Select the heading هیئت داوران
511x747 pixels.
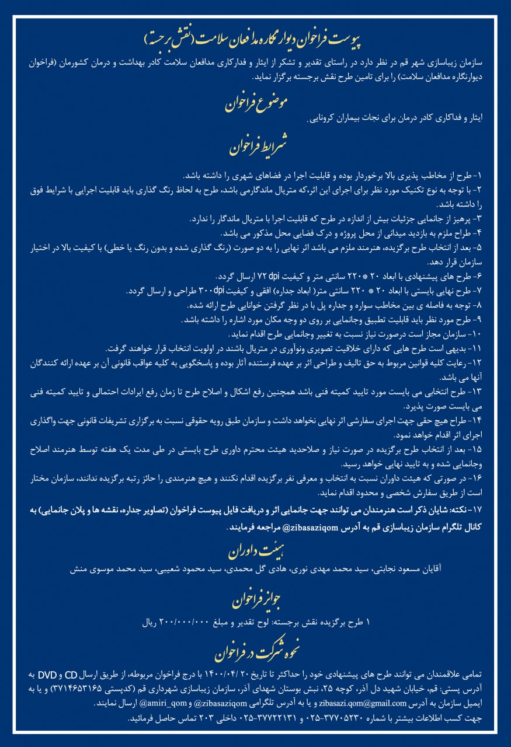(255, 548)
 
